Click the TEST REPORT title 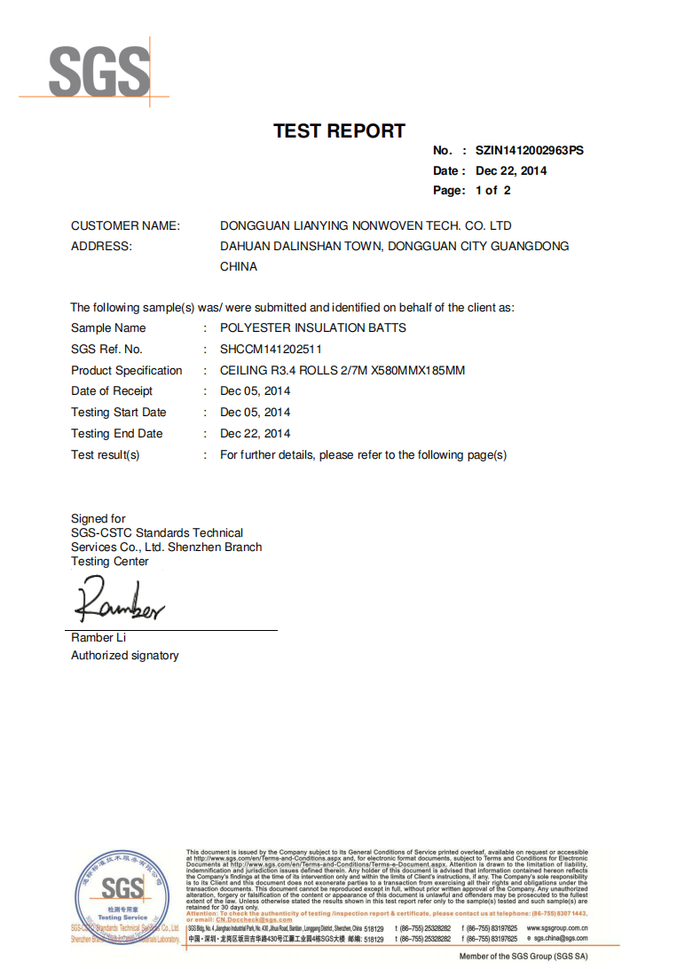click(x=339, y=131)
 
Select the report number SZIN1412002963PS click(x=530, y=151)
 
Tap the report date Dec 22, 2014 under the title click(x=511, y=170)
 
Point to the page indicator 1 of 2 click(x=493, y=190)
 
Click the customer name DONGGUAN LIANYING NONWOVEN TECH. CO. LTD click(x=366, y=225)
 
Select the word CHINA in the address click(x=239, y=266)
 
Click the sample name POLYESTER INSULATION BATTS click(x=313, y=327)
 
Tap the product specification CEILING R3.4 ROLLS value click(x=342, y=370)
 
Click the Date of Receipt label click(x=112, y=390)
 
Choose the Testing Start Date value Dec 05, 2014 click(x=256, y=412)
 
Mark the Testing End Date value click(x=256, y=433)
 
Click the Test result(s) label click(x=106, y=454)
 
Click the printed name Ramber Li click(x=92, y=637)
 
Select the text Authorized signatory click(x=125, y=655)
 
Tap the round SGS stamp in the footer click(x=122, y=892)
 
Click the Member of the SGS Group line click(x=523, y=957)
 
